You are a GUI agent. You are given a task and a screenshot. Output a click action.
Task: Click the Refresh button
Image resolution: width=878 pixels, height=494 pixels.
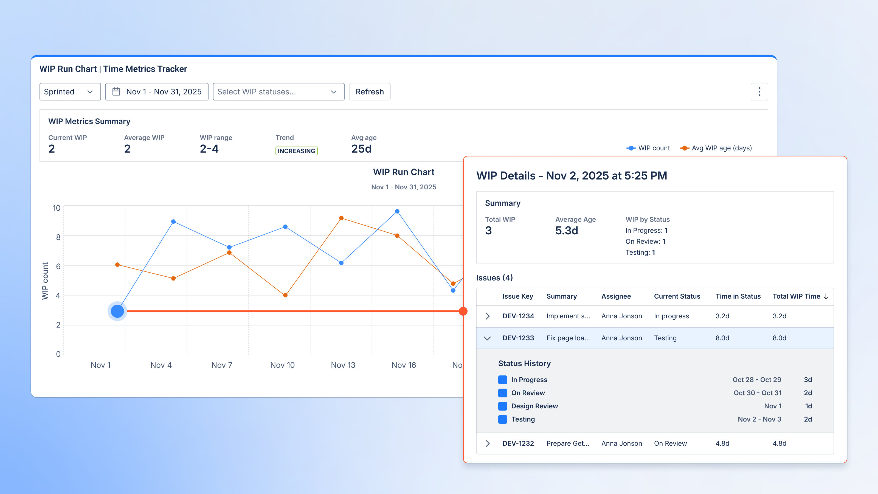tap(370, 92)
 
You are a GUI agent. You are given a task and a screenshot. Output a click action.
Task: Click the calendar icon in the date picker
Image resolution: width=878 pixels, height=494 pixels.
tap(116, 92)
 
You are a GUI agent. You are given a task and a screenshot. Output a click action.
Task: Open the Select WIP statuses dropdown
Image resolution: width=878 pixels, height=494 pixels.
tap(278, 92)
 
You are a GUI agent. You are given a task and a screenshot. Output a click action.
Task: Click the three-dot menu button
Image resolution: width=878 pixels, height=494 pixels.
tap(759, 92)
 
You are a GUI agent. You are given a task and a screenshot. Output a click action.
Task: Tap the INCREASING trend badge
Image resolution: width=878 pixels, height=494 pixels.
tap(296, 151)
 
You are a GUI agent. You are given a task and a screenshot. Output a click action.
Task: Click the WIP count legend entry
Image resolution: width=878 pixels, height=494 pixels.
tap(648, 148)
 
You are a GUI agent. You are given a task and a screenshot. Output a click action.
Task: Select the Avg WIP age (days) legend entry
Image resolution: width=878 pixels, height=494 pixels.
tap(716, 148)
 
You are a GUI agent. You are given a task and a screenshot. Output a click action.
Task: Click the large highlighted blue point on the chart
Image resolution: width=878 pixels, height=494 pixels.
tap(117, 311)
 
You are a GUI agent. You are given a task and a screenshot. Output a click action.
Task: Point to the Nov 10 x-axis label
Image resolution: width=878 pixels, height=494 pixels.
tap(282, 365)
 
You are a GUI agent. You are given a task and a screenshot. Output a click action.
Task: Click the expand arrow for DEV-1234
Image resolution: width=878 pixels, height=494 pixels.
tap(487, 316)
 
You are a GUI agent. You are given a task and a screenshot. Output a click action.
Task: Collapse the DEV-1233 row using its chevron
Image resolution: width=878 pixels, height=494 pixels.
tap(487, 338)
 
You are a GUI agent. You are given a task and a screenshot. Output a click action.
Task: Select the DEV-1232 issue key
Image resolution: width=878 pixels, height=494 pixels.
tap(518, 443)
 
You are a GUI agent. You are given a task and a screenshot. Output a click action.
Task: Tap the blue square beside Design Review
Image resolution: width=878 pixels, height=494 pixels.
tap(502, 406)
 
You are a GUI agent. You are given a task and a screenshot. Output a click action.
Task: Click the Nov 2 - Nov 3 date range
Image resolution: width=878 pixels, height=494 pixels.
tap(759, 419)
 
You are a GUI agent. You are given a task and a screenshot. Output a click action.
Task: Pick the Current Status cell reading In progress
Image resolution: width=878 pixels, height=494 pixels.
tap(671, 316)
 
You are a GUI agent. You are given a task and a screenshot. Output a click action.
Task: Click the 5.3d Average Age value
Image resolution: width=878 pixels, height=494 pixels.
tap(567, 231)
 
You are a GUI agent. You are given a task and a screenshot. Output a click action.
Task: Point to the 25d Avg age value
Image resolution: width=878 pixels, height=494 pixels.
tap(361, 149)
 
